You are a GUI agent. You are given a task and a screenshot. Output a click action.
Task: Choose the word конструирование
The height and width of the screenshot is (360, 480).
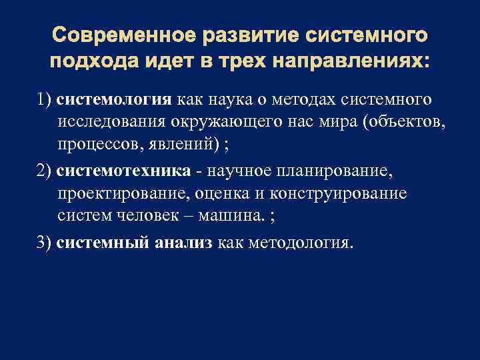[349, 194]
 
